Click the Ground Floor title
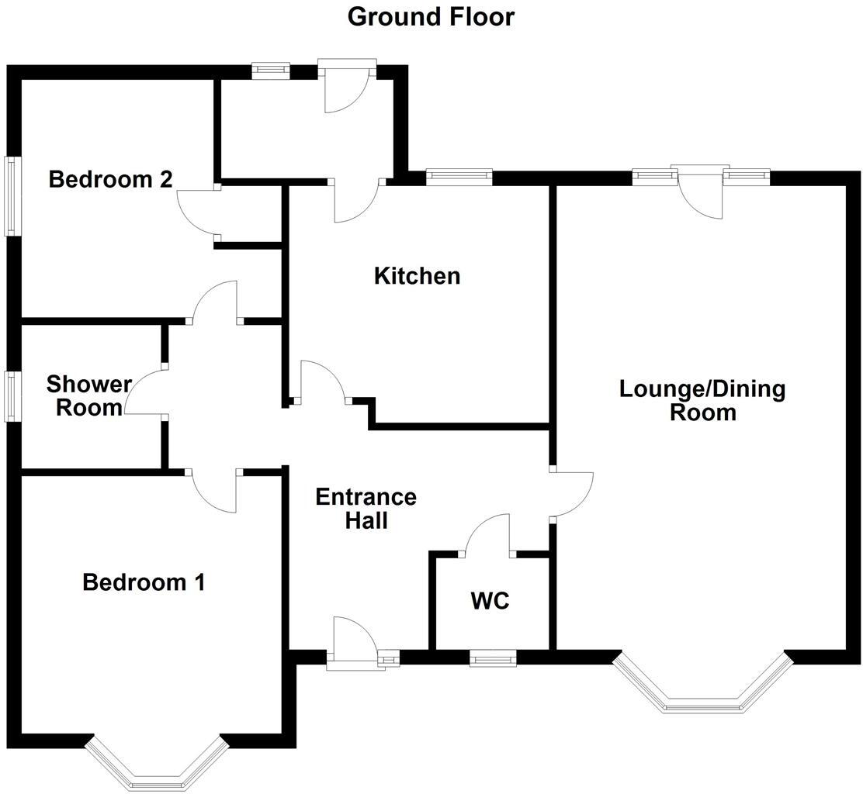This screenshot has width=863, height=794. pos(431,16)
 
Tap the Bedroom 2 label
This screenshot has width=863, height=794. pos(110,180)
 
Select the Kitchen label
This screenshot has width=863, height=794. pos(417,275)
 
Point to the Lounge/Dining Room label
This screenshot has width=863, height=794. pos(702,400)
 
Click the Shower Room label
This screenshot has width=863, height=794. pos(88,395)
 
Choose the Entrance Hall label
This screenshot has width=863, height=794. pos(366,509)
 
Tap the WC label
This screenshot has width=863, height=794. pos(490,600)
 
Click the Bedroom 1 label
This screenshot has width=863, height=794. pos(144,582)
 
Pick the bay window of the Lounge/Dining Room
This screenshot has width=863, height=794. pos(702,687)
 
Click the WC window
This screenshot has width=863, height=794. pos(493,659)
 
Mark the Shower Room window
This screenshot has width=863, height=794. pos(12,396)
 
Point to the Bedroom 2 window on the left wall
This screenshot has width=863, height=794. pos(12,196)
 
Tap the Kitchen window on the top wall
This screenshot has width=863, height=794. pos(459,177)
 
